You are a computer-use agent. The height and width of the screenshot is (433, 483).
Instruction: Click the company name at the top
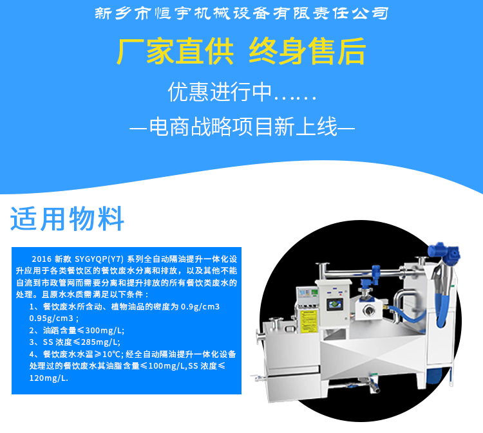(x=241, y=13)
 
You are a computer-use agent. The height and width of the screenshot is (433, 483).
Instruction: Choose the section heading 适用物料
(x=67, y=219)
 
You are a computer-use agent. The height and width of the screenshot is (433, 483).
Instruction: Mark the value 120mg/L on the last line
(x=48, y=378)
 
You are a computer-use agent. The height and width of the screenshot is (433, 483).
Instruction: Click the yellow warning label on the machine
(x=302, y=318)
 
